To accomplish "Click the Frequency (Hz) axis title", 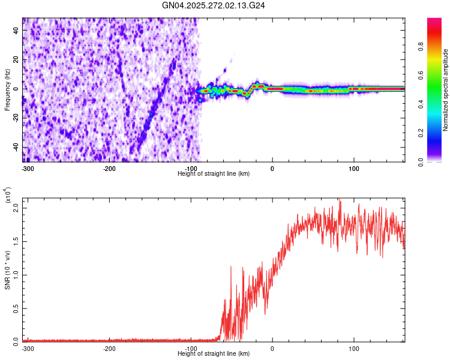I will [8, 90].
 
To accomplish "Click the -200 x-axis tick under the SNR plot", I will [109, 349].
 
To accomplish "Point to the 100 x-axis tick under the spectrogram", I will [354, 169].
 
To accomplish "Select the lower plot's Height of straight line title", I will [214, 355].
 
